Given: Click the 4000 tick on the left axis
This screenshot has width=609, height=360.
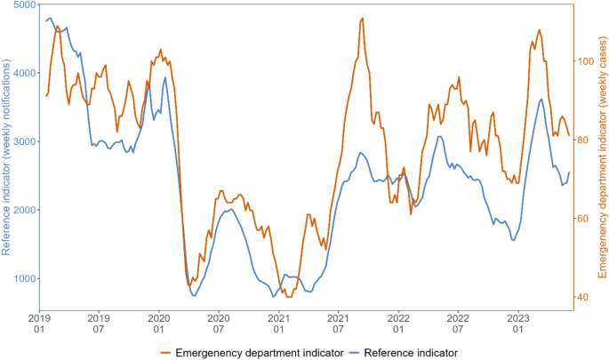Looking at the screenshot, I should click(x=24, y=73).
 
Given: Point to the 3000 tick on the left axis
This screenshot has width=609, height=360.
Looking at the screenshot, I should click(x=24, y=141).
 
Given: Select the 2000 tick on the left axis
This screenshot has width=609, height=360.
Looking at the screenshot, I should click(x=24, y=211).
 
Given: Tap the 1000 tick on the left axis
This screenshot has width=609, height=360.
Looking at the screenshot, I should click(x=24, y=279).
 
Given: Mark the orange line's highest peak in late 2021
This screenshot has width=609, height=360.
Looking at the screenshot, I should click(x=362, y=19).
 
